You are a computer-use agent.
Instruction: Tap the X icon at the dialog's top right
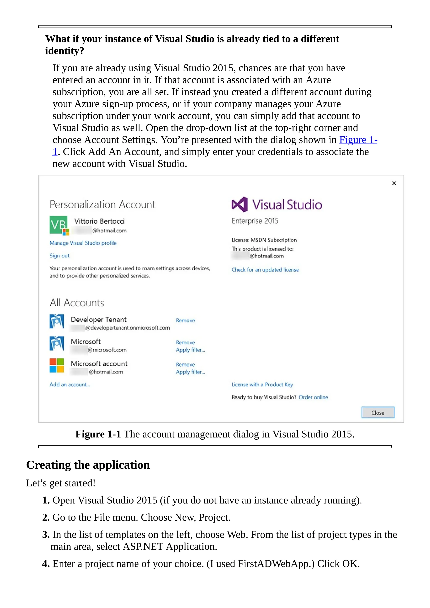[394, 183]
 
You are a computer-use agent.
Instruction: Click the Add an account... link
[70, 384]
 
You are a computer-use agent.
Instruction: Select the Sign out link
[59, 256]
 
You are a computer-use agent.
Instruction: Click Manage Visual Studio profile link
[83, 243]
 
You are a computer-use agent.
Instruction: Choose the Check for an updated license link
[265, 270]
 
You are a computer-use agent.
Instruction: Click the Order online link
[313, 397]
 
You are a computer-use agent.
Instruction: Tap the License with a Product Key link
[262, 384]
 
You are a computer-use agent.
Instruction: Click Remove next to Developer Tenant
[185, 320]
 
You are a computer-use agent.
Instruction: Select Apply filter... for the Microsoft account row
[190, 372]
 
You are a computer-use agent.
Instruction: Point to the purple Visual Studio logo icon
[240, 204]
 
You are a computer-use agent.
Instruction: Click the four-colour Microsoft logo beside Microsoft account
[57, 366]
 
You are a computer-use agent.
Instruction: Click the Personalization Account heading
[102, 204]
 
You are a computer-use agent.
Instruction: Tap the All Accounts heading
[77, 303]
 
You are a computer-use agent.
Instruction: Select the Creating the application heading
[88, 465]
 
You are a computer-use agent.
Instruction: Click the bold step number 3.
[46, 535]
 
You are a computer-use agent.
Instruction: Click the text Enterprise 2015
[255, 221]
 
